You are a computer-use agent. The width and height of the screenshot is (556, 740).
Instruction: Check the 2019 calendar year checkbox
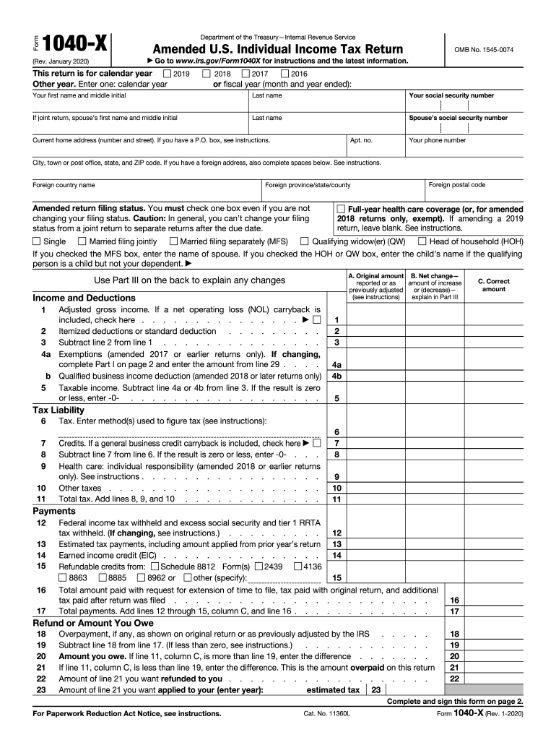click(x=168, y=74)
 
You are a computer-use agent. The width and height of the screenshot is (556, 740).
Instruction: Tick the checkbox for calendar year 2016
click(x=284, y=74)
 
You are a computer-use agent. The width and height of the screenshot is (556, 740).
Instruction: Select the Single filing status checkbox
click(x=37, y=241)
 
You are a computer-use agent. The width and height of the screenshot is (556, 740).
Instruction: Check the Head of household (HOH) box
click(x=423, y=241)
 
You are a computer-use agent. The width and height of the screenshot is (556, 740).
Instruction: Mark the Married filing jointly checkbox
click(x=82, y=241)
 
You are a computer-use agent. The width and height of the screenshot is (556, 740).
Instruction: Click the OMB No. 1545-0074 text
click(x=483, y=48)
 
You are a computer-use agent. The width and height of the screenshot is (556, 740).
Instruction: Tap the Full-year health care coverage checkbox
click(x=341, y=209)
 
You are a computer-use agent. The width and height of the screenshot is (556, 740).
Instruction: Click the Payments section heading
click(x=54, y=511)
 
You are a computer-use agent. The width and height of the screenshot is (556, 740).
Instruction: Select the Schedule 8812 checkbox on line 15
click(x=154, y=567)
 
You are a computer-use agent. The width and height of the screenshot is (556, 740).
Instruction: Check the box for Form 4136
click(x=297, y=567)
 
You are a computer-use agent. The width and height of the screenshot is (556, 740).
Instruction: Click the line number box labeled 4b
click(x=336, y=376)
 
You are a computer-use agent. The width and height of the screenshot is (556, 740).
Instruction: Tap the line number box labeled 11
click(x=336, y=499)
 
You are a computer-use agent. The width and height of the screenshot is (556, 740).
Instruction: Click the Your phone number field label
click(x=437, y=140)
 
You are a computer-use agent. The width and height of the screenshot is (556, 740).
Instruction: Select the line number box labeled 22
click(x=454, y=679)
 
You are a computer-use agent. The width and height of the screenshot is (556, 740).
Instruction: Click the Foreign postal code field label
click(x=456, y=185)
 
